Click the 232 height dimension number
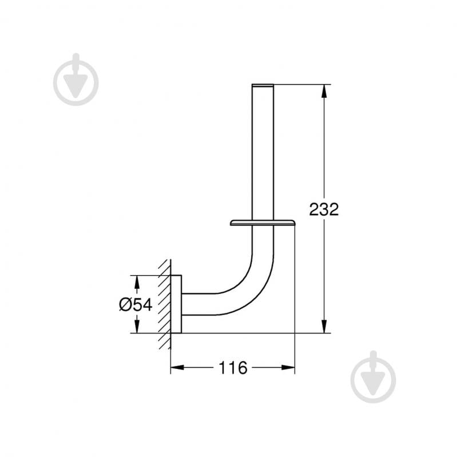click(x=324, y=209)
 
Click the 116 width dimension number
click(x=232, y=368)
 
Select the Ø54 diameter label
click(x=136, y=304)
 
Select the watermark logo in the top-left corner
click(x=76, y=80)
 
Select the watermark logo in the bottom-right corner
click(x=373, y=377)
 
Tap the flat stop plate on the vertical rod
click(x=263, y=221)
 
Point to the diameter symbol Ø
click(x=126, y=304)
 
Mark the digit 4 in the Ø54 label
click(x=147, y=304)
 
